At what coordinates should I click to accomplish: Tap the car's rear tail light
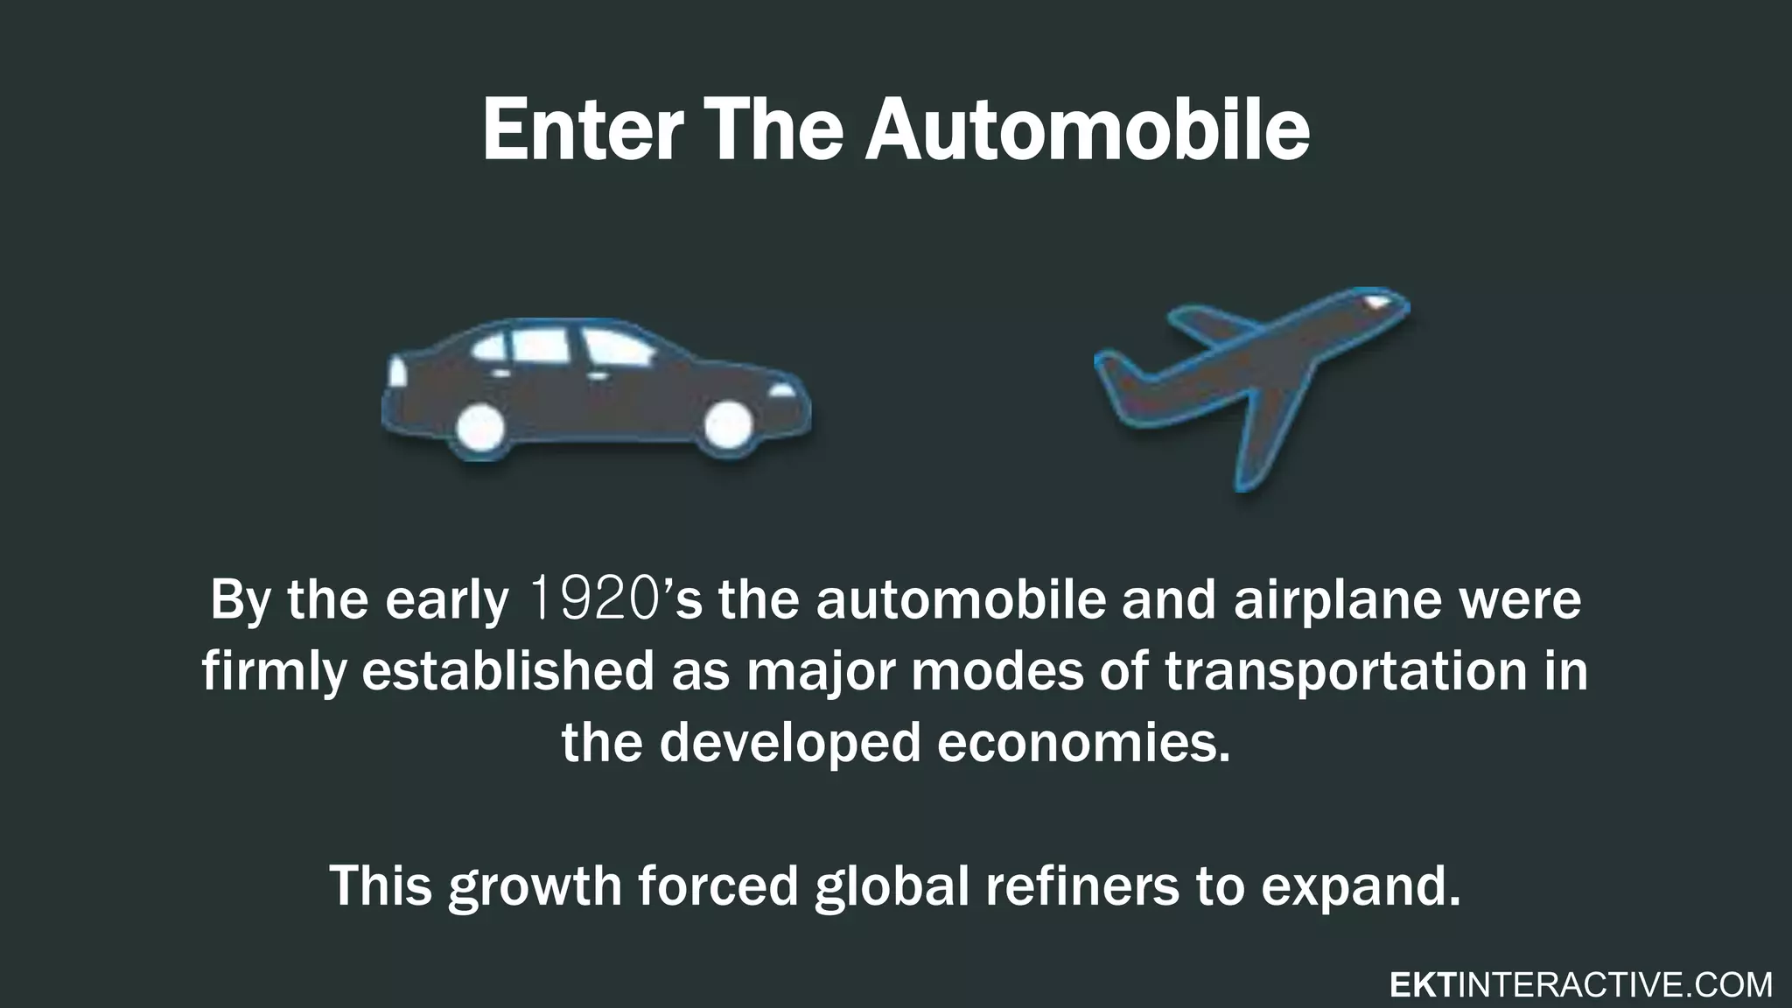397,371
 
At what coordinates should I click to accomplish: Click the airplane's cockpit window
1376,301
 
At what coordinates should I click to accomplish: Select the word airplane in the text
1337,600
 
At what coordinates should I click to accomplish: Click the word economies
1083,744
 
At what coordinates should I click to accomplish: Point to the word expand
1361,885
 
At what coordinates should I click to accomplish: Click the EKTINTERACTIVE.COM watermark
1581,985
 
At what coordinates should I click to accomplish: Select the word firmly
273,672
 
